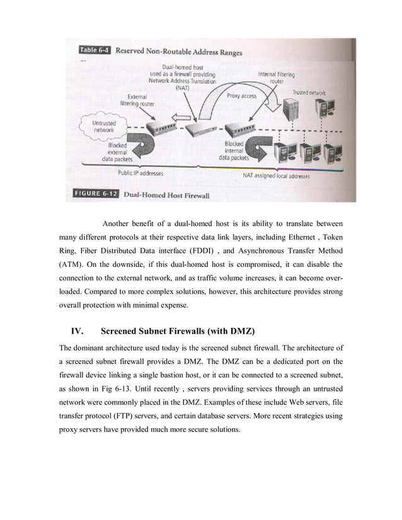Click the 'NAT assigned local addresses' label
pyautogui.click(x=276, y=177)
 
